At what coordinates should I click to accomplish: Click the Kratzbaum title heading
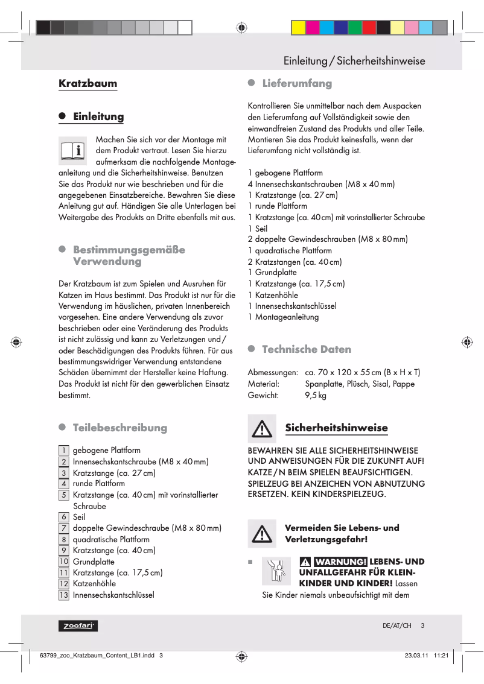pyautogui.click(x=88, y=83)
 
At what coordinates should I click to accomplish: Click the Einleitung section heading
pyautogui.click(x=98, y=117)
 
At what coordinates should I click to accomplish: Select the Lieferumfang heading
pyautogui.click(x=296, y=83)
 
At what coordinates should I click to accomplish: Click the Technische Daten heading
pyautogui.click(x=306, y=349)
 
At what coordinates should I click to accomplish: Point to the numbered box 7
pyautogui.click(x=63, y=528)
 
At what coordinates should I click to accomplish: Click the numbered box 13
pyautogui.click(x=63, y=595)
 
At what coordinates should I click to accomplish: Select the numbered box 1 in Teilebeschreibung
pyautogui.click(x=63, y=451)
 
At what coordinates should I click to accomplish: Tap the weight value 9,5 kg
pyautogui.click(x=316, y=396)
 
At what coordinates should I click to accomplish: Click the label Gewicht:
pyautogui.click(x=263, y=396)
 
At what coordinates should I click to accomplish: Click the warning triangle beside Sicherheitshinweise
pyautogui.click(x=262, y=428)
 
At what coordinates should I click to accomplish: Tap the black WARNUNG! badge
pyautogui.click(x=340, y=562)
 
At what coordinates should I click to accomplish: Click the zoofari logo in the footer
pyautogui.click(x=78, y=626)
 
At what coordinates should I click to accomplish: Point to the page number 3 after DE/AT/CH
pyautogui.click(x=422, y=626)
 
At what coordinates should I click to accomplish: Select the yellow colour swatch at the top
pyautogui.click(x=298, y=28)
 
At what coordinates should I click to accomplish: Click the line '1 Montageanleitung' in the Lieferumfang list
pyautogui.click(x=284, y=317)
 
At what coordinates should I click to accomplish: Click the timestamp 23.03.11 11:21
pyautogui.click(x=426, y=656)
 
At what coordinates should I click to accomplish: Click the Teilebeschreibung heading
pyautogui.click(x=119, y=428)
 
